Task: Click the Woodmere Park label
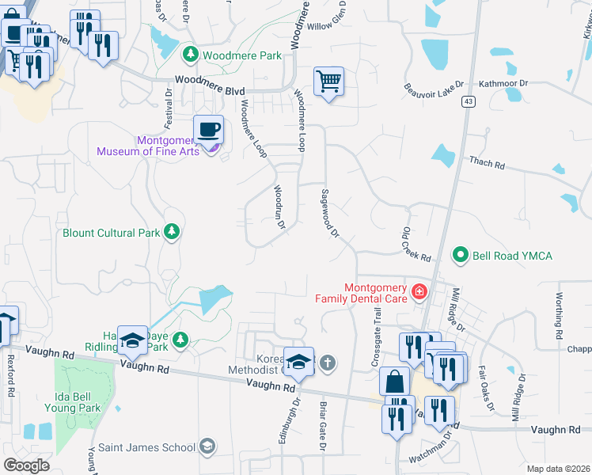[242, 55]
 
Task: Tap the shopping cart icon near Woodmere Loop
[328, 81]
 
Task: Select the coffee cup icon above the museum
[208, 129]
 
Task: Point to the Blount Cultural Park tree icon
[170, 232]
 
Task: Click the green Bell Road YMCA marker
[460, 255]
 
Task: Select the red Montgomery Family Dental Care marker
[419, 293]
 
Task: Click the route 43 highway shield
[469, 101]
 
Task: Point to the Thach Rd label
[487, 163]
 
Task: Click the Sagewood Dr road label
[329, 213]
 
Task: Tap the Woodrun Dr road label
[279, 207]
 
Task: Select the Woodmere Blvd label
[210, 80]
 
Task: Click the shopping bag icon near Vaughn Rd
[394, 382]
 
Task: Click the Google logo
[26, 465]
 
